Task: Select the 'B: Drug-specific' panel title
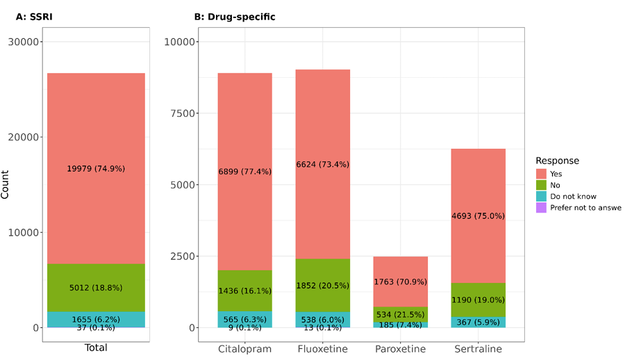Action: click(235, 17)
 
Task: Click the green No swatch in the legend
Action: click(541, 184)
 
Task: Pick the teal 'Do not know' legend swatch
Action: click(541, 196)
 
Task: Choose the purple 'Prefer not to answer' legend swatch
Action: click(541, 208)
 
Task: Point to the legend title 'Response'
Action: click(557, 161)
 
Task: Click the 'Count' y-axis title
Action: click(6, 184)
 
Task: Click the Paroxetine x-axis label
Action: click(401, 347)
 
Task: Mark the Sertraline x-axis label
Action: click(479, 347)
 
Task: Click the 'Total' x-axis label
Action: click(96, 347)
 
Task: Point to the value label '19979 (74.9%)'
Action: click(96, 168)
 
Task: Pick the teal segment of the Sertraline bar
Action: click(479, 322)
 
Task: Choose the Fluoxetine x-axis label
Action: click(323, 347)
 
